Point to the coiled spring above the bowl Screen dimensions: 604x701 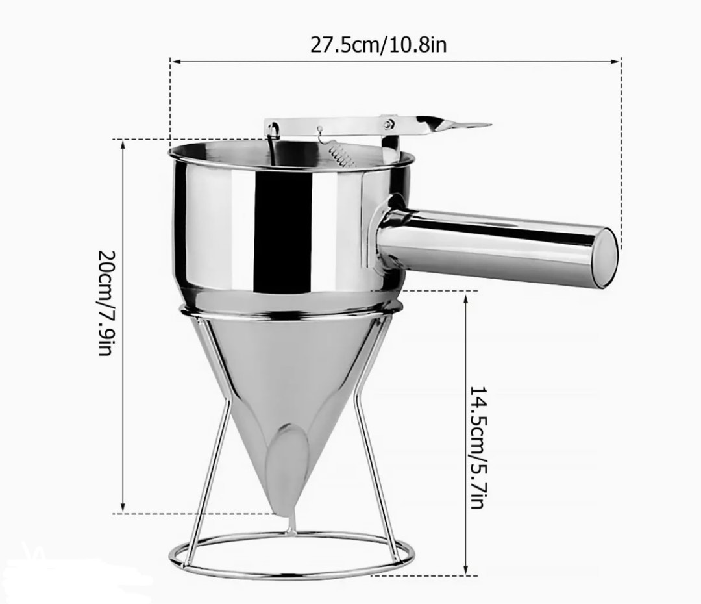(339, 154)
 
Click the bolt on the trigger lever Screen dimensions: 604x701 (388, 123)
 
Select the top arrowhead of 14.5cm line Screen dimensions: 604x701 (467, 296)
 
